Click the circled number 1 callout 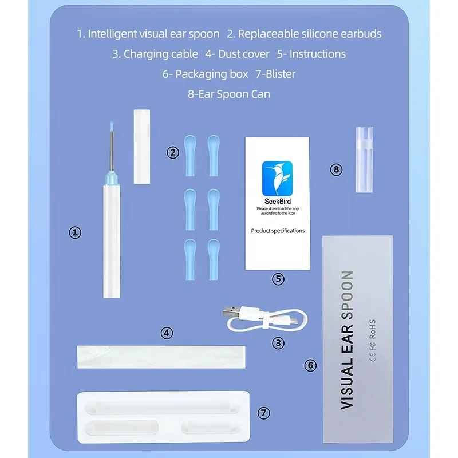(x=75, y=232)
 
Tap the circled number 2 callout (x=172, y=152)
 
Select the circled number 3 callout (x=278, y=343)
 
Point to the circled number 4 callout (x=167, y=333)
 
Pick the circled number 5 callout (x=278, y=279)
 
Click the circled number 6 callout (x=310, y=365)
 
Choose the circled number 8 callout (x=337, y=169)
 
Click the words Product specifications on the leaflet (x=278, y=231)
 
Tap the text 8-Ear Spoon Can (x=229, y=94)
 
